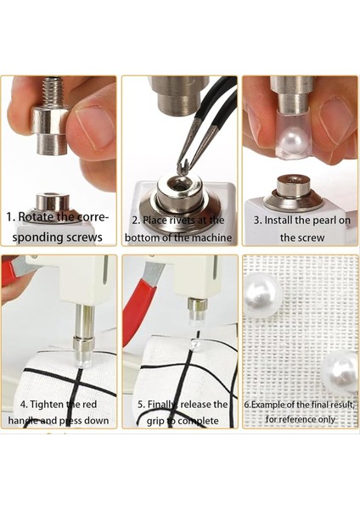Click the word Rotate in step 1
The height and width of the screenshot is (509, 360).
tap(35, 216)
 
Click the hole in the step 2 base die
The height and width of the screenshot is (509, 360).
tap(179, 187)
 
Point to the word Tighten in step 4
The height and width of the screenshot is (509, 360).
tap(47, 405)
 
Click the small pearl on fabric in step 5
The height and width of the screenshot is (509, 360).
tap(195, 344)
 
